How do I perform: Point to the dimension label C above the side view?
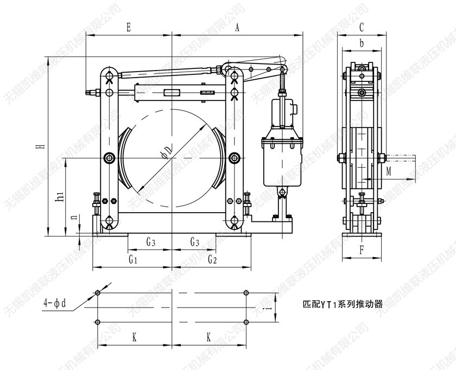click(362, 27)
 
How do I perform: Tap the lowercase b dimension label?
click(362, 43)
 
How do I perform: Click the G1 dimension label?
click(132, 260)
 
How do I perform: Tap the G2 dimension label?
click(212, 260)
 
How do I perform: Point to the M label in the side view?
click(389, 172)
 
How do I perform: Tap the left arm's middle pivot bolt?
click(110, 158)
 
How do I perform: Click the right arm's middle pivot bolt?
click(235, 158)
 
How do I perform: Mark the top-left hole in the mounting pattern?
click(98, 293)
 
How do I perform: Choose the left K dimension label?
click(134, 337)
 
